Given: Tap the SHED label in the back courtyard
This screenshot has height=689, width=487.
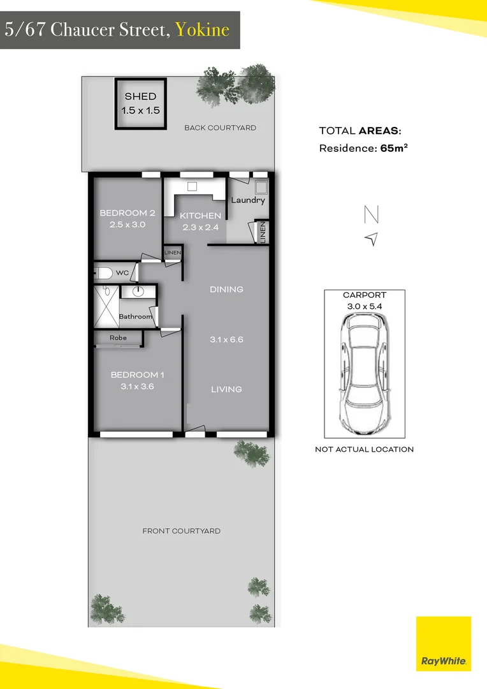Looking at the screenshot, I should click(140, 96).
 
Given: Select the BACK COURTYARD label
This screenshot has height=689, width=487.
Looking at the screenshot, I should click(220, 128).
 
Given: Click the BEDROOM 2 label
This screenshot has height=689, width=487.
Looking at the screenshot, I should click(127, 213).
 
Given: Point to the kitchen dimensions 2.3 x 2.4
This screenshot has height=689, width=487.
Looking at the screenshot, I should click(200, 228).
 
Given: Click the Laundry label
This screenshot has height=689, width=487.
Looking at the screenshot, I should click(248, 200).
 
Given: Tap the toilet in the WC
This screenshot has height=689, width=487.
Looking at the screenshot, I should click(104, 273).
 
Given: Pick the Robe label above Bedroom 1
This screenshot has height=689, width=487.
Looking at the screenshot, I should click(118, 337).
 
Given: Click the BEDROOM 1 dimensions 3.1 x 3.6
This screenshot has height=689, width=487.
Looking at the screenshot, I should click(133, 387).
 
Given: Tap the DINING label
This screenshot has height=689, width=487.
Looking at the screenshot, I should click(226, 289).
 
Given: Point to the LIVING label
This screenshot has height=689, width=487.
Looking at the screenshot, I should click(226, 389).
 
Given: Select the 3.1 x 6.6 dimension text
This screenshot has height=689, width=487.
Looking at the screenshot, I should click(226, 339).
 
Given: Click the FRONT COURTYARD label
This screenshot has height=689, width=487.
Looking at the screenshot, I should click(181, 531).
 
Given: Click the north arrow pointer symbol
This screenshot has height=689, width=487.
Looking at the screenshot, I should click(372, 239).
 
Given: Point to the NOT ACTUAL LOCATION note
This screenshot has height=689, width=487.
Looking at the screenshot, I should click(364, 449).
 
